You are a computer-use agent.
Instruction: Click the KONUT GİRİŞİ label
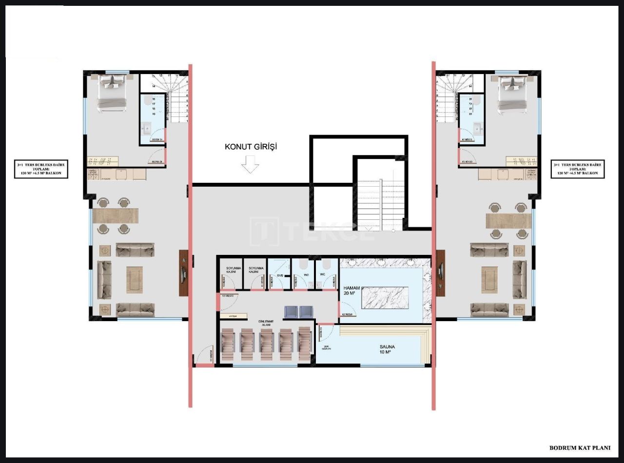coord(251,146)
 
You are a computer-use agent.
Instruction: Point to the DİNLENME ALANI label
coord(266,323)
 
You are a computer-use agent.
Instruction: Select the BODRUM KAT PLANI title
coord(579,448)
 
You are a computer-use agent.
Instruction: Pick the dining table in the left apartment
coord(115,215)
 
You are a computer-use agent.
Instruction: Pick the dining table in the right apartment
coord(508,221)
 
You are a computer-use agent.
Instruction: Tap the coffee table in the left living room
coord(135,279)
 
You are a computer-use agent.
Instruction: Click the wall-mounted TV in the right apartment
coord(441,273)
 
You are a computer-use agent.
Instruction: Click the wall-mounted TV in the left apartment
coord(183,273)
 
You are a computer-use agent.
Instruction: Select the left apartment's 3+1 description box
coord(41,170)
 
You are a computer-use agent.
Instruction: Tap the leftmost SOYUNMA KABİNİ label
coord(231,270)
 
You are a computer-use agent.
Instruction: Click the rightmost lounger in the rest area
coord(304,344)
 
